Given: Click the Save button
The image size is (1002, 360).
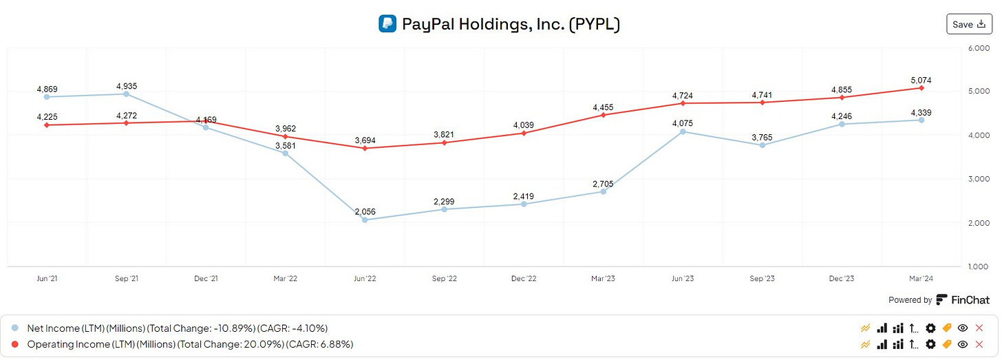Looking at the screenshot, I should [969, 24].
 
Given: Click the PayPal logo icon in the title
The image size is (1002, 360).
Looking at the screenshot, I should [387, 24].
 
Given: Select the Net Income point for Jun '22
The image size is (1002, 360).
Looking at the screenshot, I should [365, 220].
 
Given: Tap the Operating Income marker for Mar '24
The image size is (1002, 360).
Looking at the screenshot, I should [921, 88].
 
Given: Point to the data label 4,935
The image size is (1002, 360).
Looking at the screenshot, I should [127, 86].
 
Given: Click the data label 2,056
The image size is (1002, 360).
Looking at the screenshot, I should [365, 212].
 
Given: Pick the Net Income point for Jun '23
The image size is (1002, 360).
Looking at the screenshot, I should [683, 131].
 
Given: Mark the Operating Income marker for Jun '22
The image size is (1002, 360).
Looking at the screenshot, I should [365, 148].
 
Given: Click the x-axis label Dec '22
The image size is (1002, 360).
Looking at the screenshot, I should [524, 279].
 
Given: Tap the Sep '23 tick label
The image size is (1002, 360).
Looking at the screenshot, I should [762, 279].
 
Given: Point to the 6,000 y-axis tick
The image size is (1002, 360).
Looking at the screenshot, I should [978, 49].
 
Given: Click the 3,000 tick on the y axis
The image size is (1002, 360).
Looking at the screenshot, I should [978, 179].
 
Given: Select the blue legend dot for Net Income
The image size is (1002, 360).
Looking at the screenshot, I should [15, 328].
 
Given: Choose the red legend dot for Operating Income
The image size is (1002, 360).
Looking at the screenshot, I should [15, 343].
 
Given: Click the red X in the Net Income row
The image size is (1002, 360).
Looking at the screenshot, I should [979, 328].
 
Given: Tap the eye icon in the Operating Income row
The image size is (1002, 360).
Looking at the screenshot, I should [963, 343].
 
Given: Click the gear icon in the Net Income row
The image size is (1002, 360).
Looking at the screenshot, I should [930, 328].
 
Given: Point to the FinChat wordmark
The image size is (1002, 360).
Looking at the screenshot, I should [970, 299].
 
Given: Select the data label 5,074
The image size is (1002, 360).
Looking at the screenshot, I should [920, 81].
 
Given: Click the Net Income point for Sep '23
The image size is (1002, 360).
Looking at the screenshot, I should [762, 145].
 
